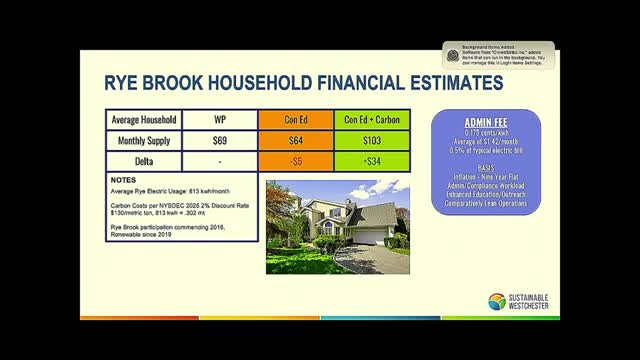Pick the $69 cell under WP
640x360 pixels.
(220, 141)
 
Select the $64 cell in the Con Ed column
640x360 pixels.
(297, 141)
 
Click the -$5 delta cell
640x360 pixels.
(297, 161)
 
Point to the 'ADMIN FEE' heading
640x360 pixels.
(487, 121)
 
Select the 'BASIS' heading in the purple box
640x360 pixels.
(487, 167)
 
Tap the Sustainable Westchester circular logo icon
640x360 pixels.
(497, 301)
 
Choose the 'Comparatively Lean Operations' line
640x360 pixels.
(487, 204)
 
